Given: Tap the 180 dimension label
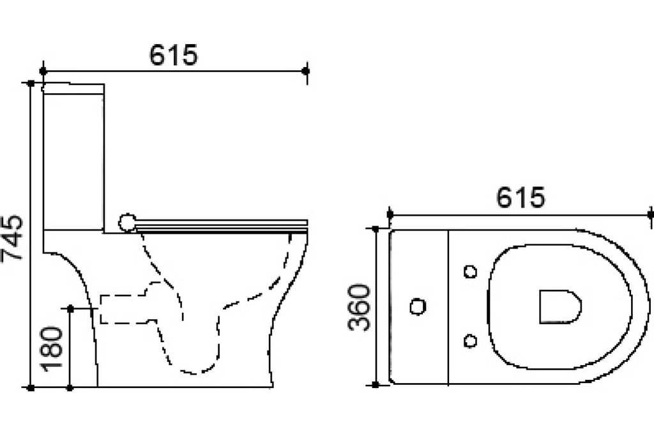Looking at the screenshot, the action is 51,349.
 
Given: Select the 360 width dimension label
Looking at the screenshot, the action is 359,308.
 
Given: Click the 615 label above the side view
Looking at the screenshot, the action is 173,55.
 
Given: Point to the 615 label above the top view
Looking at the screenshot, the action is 521,197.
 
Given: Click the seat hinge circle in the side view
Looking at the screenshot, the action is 127,223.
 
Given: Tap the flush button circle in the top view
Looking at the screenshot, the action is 418,306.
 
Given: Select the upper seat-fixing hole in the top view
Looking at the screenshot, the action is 471,272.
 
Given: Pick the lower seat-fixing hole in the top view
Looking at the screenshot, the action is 471,341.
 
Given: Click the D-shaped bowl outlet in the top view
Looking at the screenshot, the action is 559,306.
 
